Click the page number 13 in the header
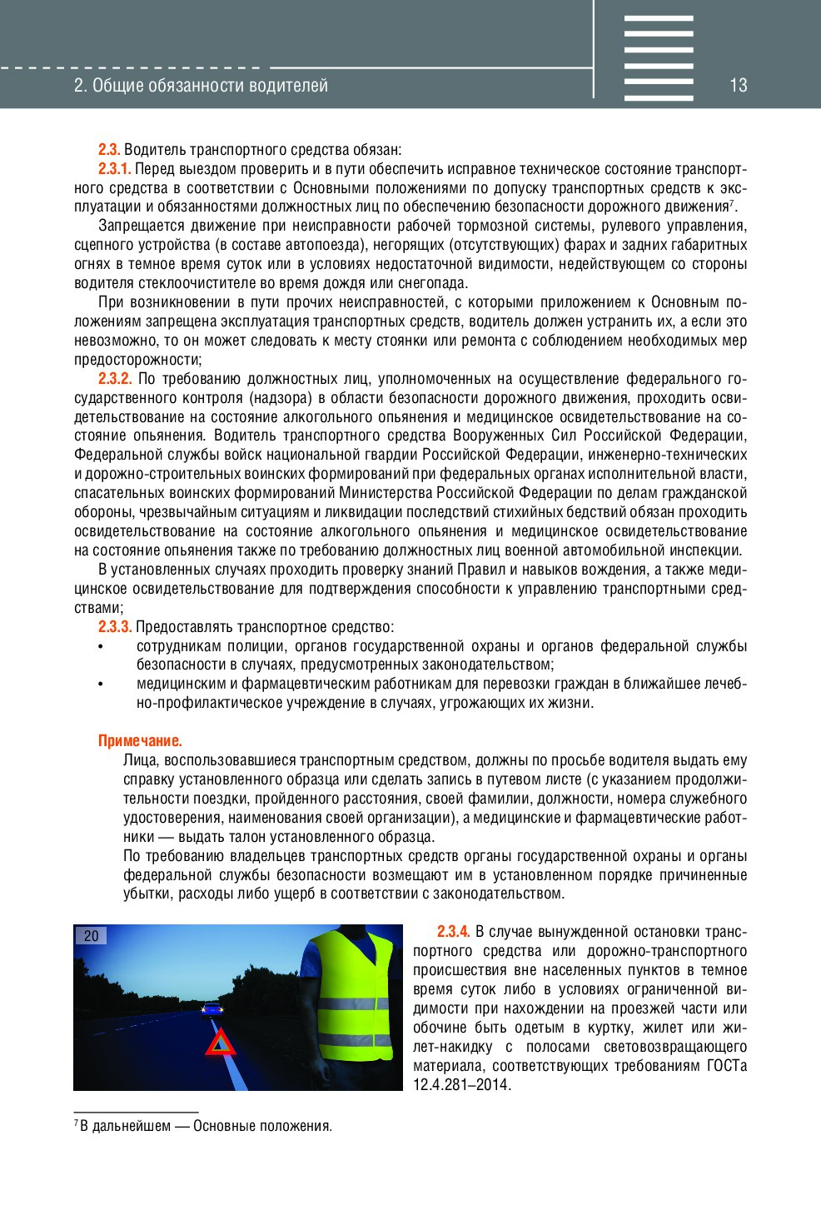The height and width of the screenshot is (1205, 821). (738, 85)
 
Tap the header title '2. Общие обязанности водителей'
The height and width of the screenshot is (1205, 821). (201, 86)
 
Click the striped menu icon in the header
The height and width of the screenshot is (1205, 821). (658, 58)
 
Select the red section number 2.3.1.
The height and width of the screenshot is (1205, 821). (114, 169)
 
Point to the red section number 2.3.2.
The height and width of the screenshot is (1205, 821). (115, 379)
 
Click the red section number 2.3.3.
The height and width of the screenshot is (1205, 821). (115, 627)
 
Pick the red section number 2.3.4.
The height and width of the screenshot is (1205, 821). (453, 932)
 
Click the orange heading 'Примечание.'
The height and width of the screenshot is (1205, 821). (140, 741)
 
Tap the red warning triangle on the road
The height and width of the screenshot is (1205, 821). (221, 1043)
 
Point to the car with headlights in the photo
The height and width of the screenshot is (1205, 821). (212, 1009)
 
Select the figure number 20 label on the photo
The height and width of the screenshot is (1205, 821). (91, 936)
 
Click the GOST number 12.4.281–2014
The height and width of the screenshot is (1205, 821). (461, 1085)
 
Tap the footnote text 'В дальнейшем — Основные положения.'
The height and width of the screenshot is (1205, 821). (206, 1127)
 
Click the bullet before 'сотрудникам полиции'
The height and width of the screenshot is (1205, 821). (101, 647)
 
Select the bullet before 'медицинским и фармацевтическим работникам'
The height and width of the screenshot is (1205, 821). (101, 685)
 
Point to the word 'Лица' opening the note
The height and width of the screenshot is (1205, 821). (140, 760)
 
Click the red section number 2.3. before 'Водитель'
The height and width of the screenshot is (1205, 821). (109, 150)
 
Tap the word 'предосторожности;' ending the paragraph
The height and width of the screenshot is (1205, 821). (137, 360)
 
